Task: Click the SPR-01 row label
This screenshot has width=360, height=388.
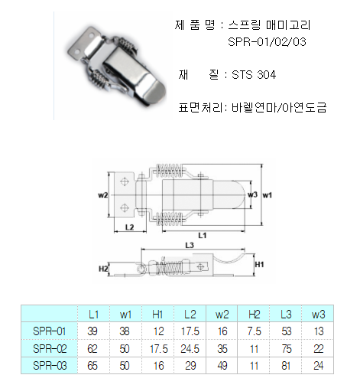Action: pyautogui.click(x=50, y=331)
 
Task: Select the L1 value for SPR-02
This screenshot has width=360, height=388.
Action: pyautogui.click(x=92, y=348)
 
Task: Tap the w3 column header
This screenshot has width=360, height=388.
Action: pyautogui.click(x=318, y=315)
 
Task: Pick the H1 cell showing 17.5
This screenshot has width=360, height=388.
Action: pyautogui.click(x=158, y=348)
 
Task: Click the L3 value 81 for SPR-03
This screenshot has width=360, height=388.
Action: pyautogui.click(x=286, y=366)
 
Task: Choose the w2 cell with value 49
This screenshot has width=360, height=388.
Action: pyautogui.click(x=222, y=366)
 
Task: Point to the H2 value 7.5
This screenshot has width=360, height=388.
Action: pyautogui.click(x=254, y=331)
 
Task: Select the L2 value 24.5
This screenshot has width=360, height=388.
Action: pyautogui.click(x=190, y=348)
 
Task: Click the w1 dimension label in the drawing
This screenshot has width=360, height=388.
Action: pyautogui.click(x=268, y=195)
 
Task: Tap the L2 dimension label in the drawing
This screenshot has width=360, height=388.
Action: pyautogui.click(x=130, y=227)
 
